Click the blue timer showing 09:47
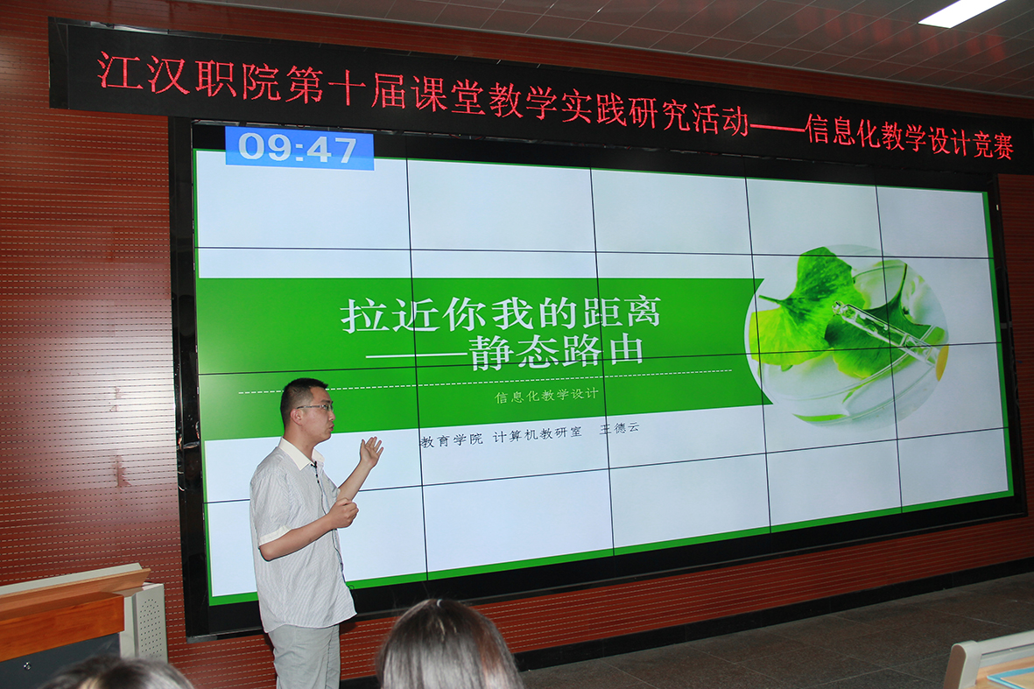point(299,148)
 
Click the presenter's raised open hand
point(370,452)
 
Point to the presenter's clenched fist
point(345,513)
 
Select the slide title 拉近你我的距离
point(501,313)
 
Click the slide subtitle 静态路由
point(556,352)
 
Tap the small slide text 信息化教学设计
point(546,396)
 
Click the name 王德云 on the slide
point(619,429)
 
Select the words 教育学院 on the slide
point(452,439)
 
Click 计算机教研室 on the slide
point(538,434)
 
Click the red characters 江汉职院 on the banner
point(189,77)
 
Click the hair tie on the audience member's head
point(440,601)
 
